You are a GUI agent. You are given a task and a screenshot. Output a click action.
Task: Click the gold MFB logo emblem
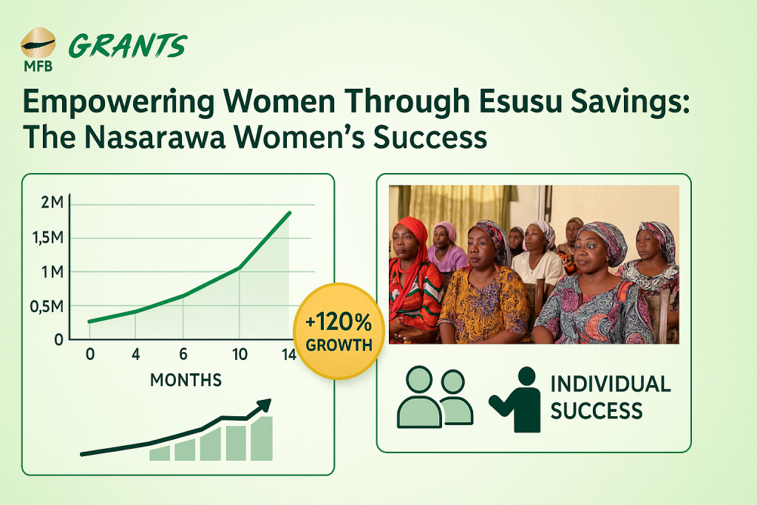coord(38,43)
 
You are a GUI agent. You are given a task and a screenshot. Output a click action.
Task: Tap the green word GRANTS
coord(128,47)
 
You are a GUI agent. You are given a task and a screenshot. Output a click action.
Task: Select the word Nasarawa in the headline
coord(155,137)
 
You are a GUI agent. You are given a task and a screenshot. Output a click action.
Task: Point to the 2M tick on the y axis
coord(52,203)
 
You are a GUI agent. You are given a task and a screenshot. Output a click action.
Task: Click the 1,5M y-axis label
coord(48,237)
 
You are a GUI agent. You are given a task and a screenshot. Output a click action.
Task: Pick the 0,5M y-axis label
coord(47,306)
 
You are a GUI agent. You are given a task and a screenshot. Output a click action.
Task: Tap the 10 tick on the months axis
coord(240,355)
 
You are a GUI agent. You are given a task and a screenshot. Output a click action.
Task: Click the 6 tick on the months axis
coord(183,354)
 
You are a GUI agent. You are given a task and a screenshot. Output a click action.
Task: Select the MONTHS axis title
coord(186,380)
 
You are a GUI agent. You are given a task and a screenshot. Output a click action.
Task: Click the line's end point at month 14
coord(290,212)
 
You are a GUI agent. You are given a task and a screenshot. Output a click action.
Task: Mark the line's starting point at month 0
coord(89,322)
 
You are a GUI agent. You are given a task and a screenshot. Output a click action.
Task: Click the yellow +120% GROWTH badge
coord(339,331)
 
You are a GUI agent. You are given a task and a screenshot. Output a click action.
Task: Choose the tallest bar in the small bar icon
coord(262,438)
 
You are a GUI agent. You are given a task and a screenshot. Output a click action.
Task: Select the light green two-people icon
coord(435,397)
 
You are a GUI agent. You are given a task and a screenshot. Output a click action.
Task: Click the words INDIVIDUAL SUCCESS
coord(610,397)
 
